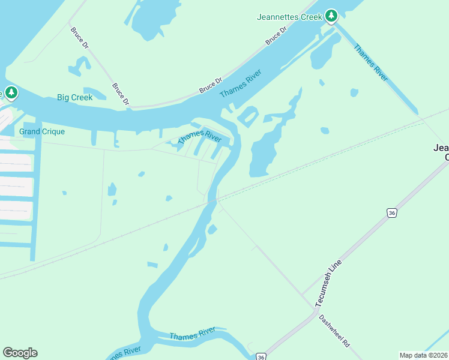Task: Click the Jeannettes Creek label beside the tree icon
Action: point(289,17)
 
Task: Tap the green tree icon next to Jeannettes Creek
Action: point(331,16)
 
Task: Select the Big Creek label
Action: point(74,97)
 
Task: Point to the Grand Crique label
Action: point(42,131)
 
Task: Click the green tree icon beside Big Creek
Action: point(11,93)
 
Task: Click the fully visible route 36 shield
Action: point(391,213)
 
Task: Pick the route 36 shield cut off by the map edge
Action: point(261,356)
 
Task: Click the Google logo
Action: point(20,353)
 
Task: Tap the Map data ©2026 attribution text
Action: point(423,355)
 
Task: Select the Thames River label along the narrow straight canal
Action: point(371,62)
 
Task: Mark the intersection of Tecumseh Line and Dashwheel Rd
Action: point(316,310)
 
